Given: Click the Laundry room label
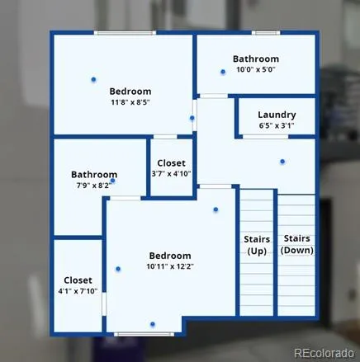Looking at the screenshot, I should tap(277, 115).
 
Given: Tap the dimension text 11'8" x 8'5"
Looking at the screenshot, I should tap(130, 102).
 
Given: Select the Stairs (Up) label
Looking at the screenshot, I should tap(257, 245).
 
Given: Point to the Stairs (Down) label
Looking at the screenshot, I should tap(296, 245).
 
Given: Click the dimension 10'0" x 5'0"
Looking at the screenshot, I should tap(255, 70).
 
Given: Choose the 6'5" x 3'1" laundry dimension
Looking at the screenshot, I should tap(277, 126).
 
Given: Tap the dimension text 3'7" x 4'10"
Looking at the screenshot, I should tap(171, 174).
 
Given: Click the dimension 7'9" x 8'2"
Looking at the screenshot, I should tap(94, 186).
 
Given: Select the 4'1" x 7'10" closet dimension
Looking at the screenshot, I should tap(78, 291).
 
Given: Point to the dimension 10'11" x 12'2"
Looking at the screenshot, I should tap(169, 266).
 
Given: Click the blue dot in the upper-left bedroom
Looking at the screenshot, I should tap(93, 79).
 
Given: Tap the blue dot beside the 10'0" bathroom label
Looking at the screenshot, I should tap(223, 72).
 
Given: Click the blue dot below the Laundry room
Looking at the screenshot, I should tap(282, 161).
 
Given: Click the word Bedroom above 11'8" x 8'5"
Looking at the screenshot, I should tap(130, 91).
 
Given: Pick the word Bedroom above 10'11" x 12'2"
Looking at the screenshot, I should tap(169, 255).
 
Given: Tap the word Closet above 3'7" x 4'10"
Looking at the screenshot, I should tap(171, 163).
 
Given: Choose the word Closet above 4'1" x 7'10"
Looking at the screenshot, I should tap(78, 280).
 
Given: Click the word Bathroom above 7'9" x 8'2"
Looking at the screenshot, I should tap(94, 175).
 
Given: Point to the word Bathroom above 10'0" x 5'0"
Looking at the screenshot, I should tap(255, 59).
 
